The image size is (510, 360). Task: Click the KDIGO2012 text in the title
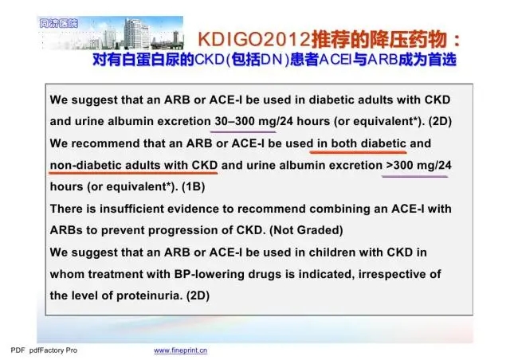point(253,40)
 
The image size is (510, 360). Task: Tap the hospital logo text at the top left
point(59,23)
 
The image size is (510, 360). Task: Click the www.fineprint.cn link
point(181,350)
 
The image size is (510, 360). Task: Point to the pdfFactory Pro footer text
point(53,350)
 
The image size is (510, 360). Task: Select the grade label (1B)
point(193,186)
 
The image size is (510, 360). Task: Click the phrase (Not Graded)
point(306,230)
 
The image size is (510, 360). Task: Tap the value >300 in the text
point(400,165)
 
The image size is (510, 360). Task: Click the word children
point(330,252)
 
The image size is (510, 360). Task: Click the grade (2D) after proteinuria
point(198,295)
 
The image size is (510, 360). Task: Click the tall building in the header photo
point(136,33)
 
